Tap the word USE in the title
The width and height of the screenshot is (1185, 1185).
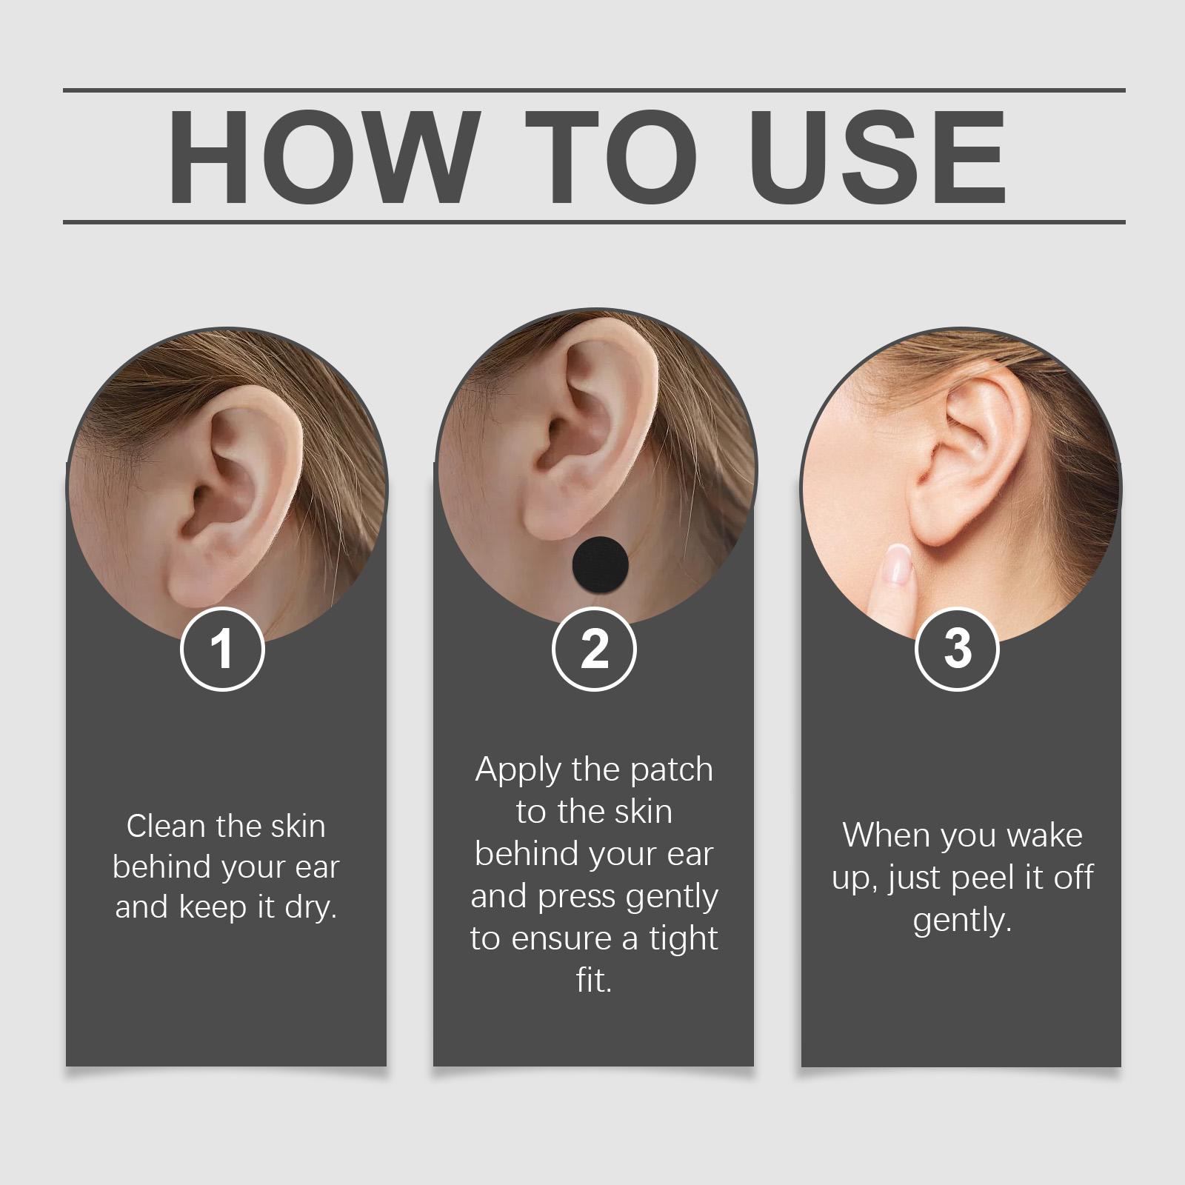pyautogui.click(x=882, y=156)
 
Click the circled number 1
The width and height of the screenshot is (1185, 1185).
pyautogui.click(x=222, y=649)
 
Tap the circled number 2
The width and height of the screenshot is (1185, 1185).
pyautogui.click(x=594, y=649)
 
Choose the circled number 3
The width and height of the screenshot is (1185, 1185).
pyautogui.click(x=958, y=649)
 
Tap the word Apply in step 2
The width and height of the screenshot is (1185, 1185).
pyautogui.click(x=518, y=772)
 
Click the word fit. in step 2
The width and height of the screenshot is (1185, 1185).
pyautogui.click(x=594, y=981)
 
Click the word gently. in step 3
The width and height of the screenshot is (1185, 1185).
pyautogui.click(x=962, y=922)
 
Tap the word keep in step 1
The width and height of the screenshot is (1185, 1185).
pyautogui.click(x=213, y=908)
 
